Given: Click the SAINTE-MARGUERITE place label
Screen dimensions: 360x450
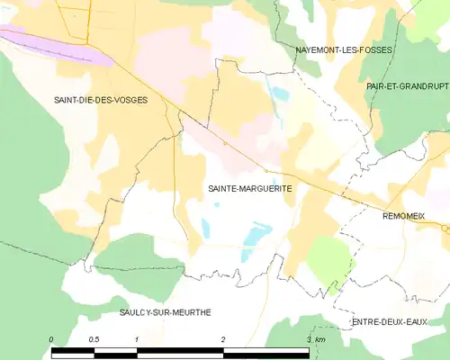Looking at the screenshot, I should coord(238,189).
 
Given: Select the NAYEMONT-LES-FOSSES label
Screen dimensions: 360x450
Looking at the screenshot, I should coord(345,50).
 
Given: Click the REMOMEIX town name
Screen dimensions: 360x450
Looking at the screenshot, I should coord(409,217).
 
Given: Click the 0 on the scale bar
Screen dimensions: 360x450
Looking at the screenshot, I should coord(52,339).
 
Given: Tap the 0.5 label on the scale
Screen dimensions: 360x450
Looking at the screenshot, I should coord(94,339).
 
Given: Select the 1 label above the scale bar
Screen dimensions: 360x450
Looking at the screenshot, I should coord(137,339).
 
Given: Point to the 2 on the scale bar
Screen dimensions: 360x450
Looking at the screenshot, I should coord(223,339).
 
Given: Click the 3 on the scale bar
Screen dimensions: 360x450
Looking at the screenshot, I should coord(309,339).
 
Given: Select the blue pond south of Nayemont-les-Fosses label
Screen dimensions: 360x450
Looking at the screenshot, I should coord(281,93).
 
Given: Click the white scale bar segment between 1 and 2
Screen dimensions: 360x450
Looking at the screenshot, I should coord(180,351).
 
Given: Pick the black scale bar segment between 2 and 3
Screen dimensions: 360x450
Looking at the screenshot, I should coord(265,351).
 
